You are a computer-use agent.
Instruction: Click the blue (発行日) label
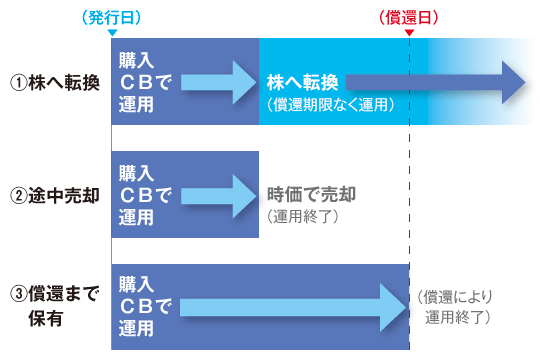pyautogui.click(x=110, y=18)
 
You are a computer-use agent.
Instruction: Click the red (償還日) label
pyautogui.click(x=410, y=18)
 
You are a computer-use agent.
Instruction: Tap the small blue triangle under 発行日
pyautogui.click(x=111, y=33)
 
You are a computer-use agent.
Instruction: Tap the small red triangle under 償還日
pyautogui.click(x=409, y=33)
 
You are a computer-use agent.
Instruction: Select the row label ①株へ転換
pyautogui.click(x=55, y=82)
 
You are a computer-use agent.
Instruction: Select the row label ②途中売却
pyautogui.click(x=55, y=194)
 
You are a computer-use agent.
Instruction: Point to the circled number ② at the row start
pyautogui.click(x=18, y=194)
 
